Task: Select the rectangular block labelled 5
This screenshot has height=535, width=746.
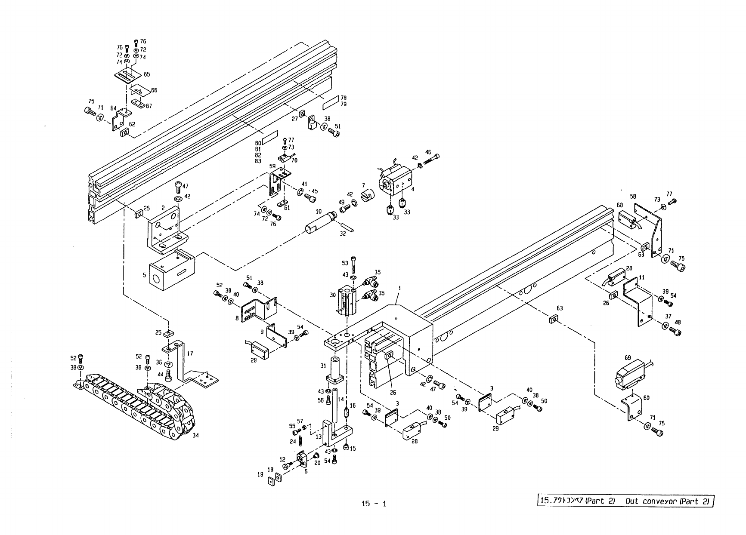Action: pyautogui.click(x=170, y=271)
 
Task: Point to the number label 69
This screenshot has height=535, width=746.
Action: pyautogui.click(x=628, y=358)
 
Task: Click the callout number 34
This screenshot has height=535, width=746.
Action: pyautogui.click(x=195, y=435)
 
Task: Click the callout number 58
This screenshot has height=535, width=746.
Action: pyautogui.click(x=633, y=197)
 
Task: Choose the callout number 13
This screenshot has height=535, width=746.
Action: pyautogui.click(x=319, y=437)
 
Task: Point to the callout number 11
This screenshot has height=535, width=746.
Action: pyautogui.click(x=641, y=277)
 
